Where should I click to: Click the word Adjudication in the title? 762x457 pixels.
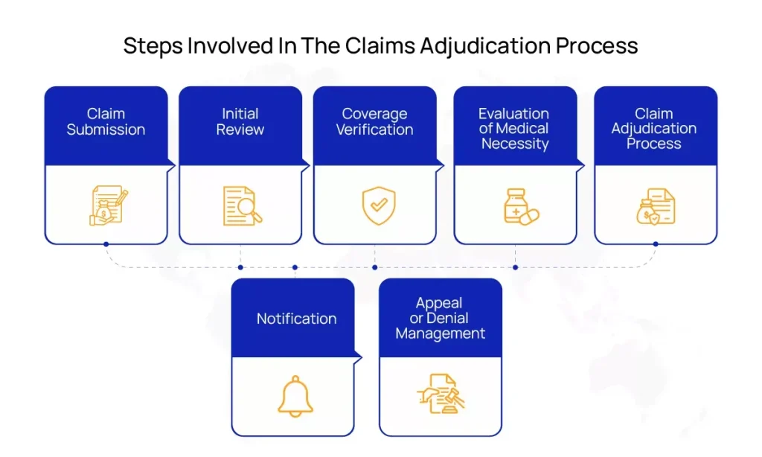[484, 46]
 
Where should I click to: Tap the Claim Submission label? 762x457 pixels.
[106, 121]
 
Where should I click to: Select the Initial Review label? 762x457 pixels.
[240, 121]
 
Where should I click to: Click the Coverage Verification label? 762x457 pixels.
[375, 121]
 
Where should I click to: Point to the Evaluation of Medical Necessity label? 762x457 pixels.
[514, 128]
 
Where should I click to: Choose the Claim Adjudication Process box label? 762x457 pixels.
[654, 128]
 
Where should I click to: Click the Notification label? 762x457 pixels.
[296, 319]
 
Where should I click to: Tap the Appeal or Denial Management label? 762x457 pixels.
[440, 318]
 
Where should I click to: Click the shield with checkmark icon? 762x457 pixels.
[379, 205]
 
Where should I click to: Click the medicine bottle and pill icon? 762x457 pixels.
[521, 207]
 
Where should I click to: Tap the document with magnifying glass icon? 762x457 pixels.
[242, 206]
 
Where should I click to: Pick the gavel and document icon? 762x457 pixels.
[441, 394]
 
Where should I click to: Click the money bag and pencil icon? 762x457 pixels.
[109, 205]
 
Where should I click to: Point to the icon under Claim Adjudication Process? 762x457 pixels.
[656, 207]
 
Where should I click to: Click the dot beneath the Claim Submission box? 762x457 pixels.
[106, 244]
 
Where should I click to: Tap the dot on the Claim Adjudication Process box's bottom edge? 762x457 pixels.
[656, 244]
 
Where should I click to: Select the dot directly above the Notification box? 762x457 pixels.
[295, 267]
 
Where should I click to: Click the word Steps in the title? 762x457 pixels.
[153, 46]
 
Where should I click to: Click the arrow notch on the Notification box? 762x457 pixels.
[358, 358]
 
